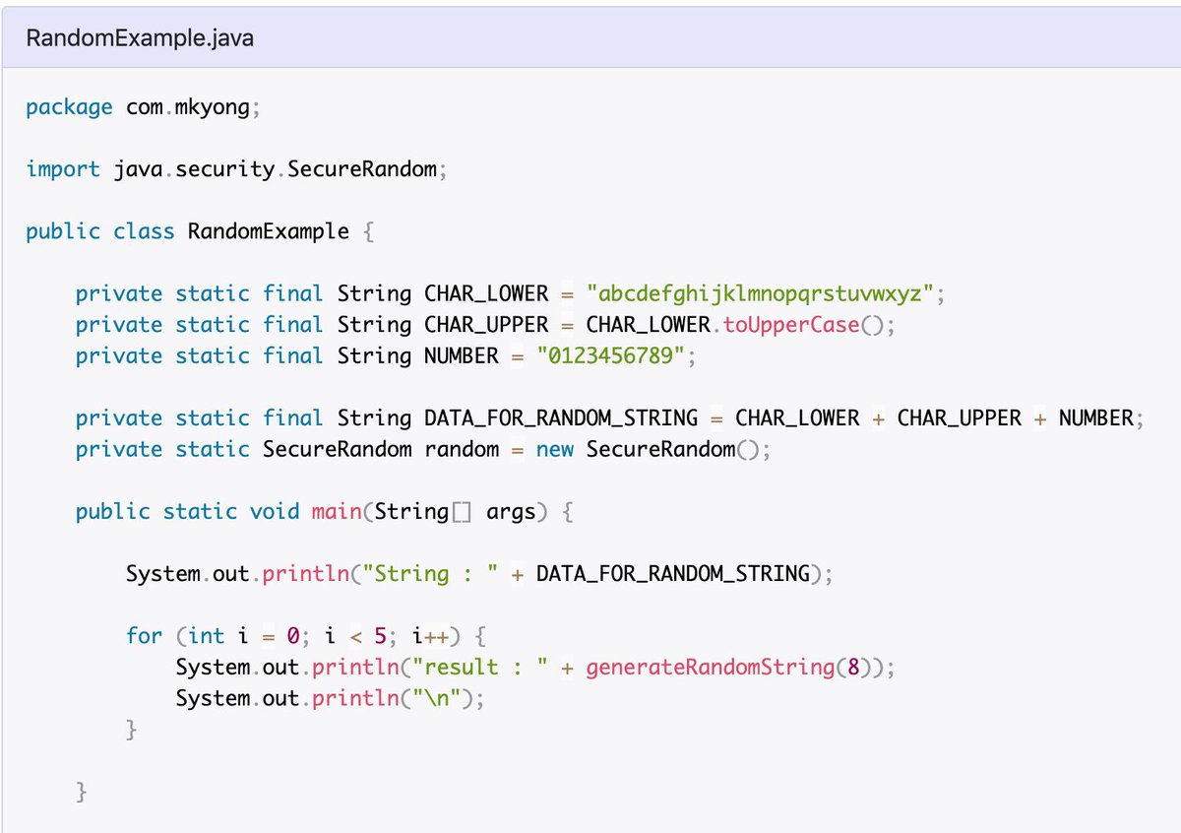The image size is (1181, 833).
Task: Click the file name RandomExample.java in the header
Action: [x=140, y=38]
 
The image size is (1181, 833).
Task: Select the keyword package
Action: [x=69, y=107]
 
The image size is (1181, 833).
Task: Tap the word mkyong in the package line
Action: [x=212, y=107]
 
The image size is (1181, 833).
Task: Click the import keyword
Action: [x=63, y=169]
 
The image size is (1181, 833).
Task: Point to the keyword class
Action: [x=144, y=231]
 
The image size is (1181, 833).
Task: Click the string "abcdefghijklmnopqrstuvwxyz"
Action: [x=760, y=293]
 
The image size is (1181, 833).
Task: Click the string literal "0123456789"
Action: [x=610, y=355]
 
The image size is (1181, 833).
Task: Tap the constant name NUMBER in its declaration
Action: [x=462, y=355]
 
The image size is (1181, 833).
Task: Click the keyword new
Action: [x=555, y=449]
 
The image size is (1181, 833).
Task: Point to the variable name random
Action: [x=462, y=449]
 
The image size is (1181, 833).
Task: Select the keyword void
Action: [x=275, y=511]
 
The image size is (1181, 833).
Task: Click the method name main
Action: [x=337, y=511]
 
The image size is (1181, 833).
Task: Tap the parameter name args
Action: [x=511, y=512]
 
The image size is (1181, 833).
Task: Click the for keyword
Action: [x=144, y=636]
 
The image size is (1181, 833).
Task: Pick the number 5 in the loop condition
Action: [x=380, y=636]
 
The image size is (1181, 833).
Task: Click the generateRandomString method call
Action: [x=711, y=668]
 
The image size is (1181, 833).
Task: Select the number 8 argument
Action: [x=853, y=667]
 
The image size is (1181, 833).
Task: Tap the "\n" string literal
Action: [x=437, y=698]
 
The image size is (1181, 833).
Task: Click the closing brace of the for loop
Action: [x=131, y=730]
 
